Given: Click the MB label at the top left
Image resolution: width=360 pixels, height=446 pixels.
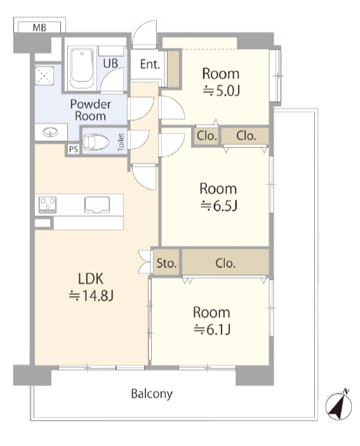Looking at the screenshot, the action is pyautogui.click(x=39, y=27).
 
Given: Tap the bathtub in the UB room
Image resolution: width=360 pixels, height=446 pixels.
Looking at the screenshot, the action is pyautogui.click(x=82, y=69).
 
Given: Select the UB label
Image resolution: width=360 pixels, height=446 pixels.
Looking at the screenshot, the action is pyautogui.click(x=110, y=64).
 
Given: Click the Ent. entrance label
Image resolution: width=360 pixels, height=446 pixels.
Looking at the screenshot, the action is pyautogui.click(x=150, y=64).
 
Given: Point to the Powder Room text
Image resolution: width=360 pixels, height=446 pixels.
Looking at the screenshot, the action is pyautogui.click(x=90, y=110).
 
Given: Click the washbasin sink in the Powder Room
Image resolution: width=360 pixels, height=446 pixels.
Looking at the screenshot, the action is pyautogui.click(x=50, y=132).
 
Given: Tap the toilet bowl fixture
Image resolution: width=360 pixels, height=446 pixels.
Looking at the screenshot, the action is pyautogui.click(x=95, y=142).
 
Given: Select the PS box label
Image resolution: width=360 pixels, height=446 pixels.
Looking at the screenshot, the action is pyautogui.click(x=74, y=149).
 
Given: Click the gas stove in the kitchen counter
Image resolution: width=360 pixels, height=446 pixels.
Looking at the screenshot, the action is pyautogui.click(x=48, y=205).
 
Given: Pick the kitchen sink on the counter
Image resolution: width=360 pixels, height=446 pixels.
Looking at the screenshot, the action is pyautogui.click(x=97, y=205).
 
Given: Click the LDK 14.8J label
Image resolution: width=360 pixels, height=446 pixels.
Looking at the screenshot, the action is pyautogui.click(x=91, y=287).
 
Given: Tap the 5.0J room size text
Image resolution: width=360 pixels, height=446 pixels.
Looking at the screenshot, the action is pyautogui.click(x=222, y=91).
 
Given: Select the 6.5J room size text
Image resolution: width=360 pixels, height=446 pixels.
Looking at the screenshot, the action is pyautogui.click(x=219, y=206).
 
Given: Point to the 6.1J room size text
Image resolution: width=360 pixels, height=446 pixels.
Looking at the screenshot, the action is pyautogui.click(x=212, y=330).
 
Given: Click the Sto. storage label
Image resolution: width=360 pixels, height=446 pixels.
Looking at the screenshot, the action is pyautogui.click(x=166, y=264).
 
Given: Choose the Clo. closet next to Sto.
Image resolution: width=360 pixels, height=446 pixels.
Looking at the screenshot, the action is pyautogui.click(x=225, y=264).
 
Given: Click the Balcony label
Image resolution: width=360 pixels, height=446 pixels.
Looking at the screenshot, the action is pyautogui.click(x=152, y=395).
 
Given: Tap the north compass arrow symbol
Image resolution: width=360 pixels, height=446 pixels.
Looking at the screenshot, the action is pyautogui.click(x=338, y=405).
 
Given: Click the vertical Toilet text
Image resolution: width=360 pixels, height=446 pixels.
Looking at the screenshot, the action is pyautogui.click(x=121, y=142).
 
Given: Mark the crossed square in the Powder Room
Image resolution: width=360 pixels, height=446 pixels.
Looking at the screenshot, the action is pyautogui.click(x=44, y=76).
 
